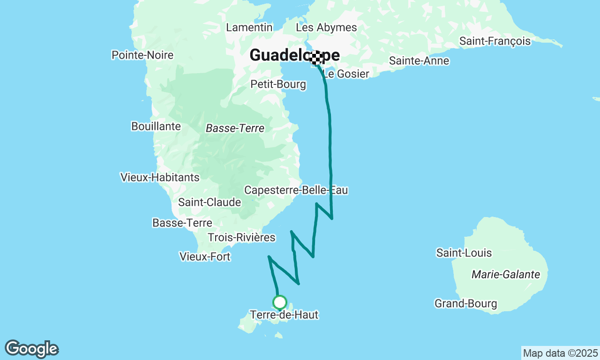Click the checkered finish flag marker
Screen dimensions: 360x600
317,58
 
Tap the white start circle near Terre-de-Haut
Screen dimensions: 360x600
280,302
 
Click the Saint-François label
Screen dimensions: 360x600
495,41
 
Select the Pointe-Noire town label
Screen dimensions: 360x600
142,55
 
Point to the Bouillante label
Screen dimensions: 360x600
156,126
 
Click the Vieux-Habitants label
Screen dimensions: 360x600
160,177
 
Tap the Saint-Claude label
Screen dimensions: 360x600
210,202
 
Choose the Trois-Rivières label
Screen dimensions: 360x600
241,238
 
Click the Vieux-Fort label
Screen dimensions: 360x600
205,257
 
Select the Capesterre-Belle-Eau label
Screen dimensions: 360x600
296,190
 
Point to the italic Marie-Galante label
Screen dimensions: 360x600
506,275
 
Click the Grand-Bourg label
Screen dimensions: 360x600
465,304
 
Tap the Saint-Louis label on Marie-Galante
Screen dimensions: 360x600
464,253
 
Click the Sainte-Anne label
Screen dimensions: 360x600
419,61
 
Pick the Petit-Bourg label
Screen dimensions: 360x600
278,84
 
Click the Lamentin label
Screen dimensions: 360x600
249,28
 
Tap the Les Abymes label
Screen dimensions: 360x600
326,28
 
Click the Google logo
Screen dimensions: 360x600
32,349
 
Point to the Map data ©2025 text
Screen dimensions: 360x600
560,353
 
